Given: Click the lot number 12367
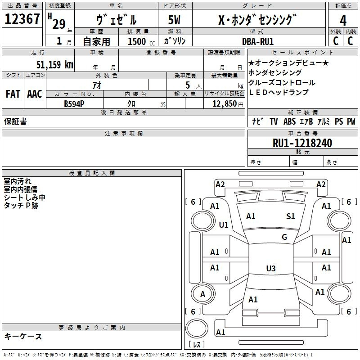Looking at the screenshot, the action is (x=22, y=19).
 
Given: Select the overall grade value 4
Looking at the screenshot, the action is (x=343, y=21).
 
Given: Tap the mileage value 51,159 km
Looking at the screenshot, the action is (x=55, y=64).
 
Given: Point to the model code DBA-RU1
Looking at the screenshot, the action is (x=258, y=41).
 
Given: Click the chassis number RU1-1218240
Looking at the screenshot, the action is (x=302, y=143).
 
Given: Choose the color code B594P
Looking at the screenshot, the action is (x=74, y=104).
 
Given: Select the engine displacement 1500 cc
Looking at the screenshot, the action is (x=141, y=41).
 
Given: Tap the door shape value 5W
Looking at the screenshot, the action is (x=174, y=20).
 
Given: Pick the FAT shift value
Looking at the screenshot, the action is (x=13, y=94).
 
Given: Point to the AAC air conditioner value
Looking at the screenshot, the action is (x=35, y=94).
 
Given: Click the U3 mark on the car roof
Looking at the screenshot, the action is (x=271, y=268).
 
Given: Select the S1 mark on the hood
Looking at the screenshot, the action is (x=290, y=216).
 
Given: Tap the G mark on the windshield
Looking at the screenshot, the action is (x=284, y=237).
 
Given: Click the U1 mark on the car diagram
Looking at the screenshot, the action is (x=223, y=225).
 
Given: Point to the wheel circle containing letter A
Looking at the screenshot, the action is (x=203, y=294).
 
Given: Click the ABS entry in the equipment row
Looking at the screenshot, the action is (x=289, y=121).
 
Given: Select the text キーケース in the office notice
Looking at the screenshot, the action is (x=23, y=337).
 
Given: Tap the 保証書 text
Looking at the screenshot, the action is (x=15, y=121).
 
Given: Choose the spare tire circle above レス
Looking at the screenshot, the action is (x=197, y=328).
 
